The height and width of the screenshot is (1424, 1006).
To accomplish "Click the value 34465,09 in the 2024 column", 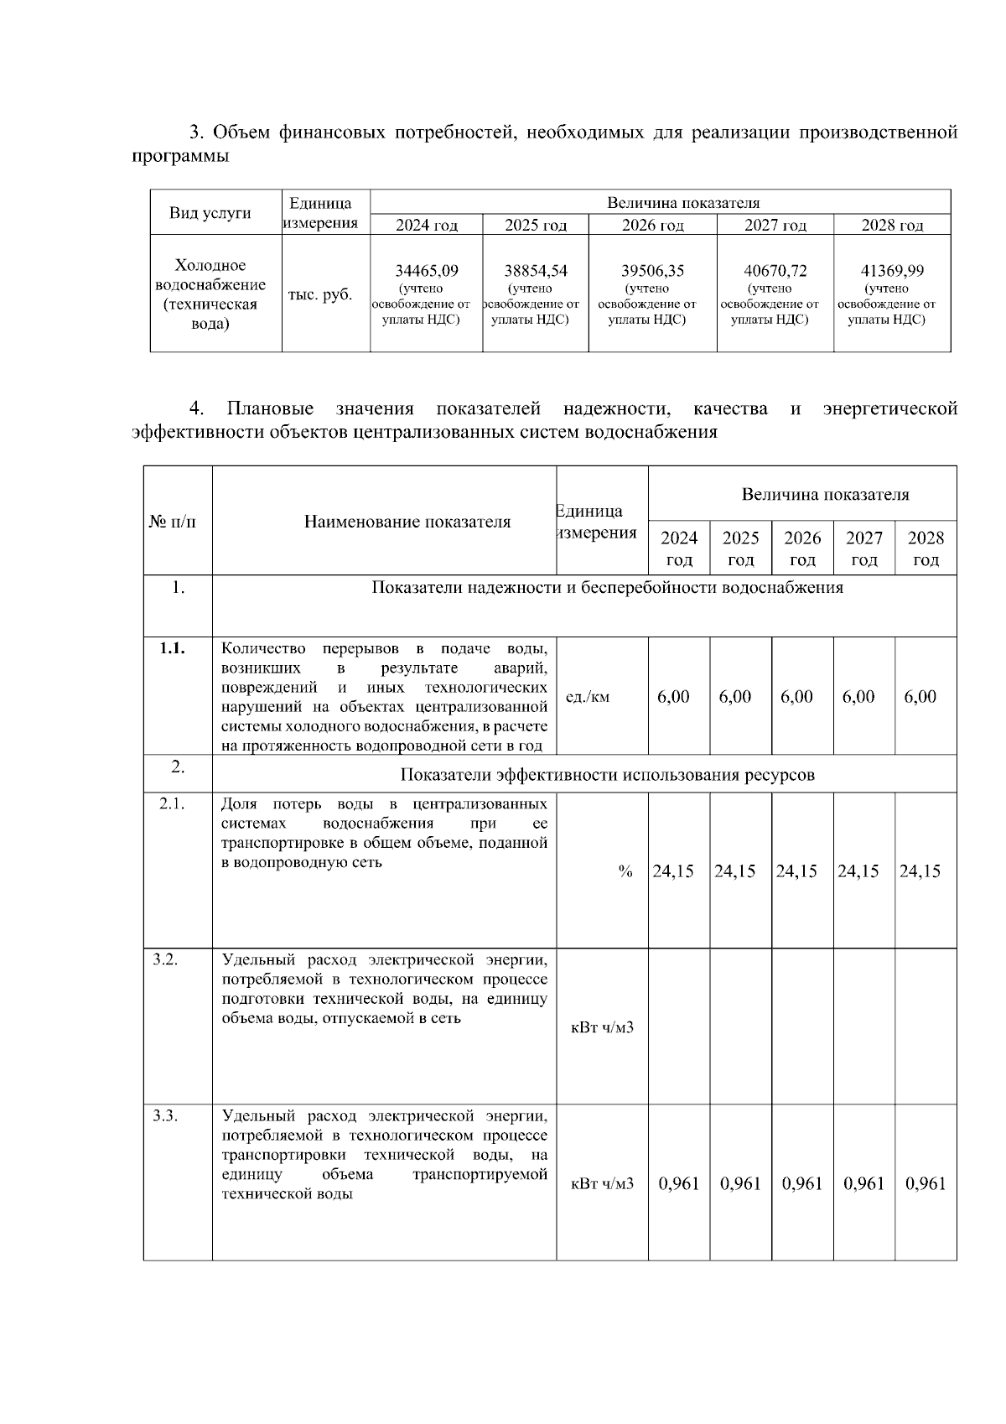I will click(x=427, y=271).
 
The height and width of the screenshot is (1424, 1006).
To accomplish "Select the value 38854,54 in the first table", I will click(x=535, y=271).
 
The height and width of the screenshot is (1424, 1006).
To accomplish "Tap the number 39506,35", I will click(x=652, y=271).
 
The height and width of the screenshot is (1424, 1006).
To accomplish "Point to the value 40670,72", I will click(x=775, y=271).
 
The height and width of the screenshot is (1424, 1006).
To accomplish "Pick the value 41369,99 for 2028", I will click(x=892, y=271).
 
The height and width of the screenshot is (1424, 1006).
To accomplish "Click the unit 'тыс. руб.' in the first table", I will click(x=320, y=295).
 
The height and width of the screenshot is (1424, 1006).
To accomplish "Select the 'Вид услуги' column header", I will click(x=210, y=212).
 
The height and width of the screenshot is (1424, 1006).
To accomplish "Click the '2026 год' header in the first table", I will click(x=652, y=225).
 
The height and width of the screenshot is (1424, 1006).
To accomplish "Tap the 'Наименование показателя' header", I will click(x=407, y=522).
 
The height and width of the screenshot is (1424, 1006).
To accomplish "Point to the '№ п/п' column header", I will click(x=174, y=522).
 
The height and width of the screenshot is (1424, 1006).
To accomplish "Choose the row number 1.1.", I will click(x=173, y=648).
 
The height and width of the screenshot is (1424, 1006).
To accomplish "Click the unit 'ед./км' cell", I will click(x=589, y=697).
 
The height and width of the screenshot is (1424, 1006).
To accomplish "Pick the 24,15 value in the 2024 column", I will click(x=673, y=871).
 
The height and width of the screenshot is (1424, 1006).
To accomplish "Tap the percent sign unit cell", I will click(x=625, y=871).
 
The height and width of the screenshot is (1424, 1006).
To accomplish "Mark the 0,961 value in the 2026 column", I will click(x=801, y=1183).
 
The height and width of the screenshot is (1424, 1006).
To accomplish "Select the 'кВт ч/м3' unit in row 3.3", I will click(x=602, y=1183).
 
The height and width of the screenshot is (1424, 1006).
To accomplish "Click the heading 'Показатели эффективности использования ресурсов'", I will click(x=607, y=774).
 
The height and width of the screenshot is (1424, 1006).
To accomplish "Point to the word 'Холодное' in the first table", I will click(x=210, y=266).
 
